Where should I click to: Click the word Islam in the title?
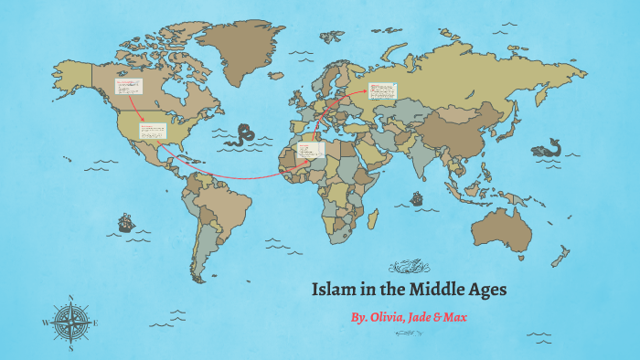pyautogui.click(x=330, y=291)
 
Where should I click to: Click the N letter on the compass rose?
pyautogui.click(x=70, y=297)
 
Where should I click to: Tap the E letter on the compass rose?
pyautogui.click(x=98, y=323)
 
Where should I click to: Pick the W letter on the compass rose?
pyautogui.click(x=44, y=323)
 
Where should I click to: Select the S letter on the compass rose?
pyautogui.click(x=70, y=348)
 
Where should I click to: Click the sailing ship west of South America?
pyautogui.click(x=124, y=222)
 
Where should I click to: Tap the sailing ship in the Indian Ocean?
pyautogui.click(x=417, y=198)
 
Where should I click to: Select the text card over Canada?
pyautogui.click(x=129, y=87)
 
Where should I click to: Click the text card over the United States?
pyautogui.click(x=153, y=131)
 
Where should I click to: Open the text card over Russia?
pyautogui.click(x=383, y=90)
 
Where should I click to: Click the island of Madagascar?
pyautogui.click(x=373, y=218)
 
